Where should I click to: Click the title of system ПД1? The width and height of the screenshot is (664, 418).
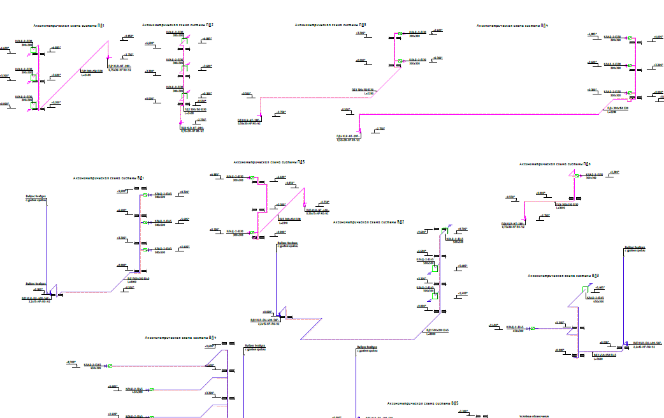click(69, 26)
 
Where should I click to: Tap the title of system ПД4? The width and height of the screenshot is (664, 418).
click(512, 26)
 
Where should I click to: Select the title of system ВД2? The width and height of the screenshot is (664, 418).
click(369, 222)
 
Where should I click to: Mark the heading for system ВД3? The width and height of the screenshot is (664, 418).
click(563, 276)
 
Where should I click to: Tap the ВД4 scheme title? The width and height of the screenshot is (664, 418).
click(181, 338)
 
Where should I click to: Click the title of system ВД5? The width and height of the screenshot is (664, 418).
click(423, 404)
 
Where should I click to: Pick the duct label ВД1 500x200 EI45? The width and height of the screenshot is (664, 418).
click(138, 278)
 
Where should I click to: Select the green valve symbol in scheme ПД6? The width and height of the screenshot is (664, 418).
click(576, 175)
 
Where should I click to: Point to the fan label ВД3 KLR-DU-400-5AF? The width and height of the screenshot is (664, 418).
click(647, 343)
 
